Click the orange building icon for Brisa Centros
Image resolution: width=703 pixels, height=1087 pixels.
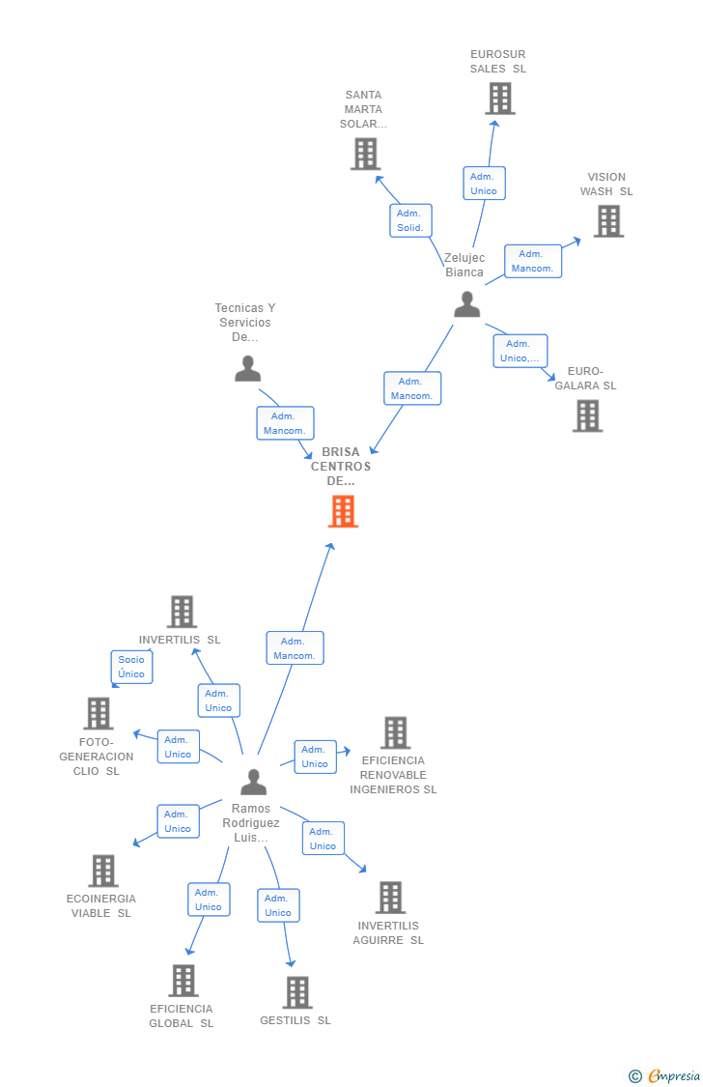point(343,511)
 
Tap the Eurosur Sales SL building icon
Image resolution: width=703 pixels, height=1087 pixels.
point(499,99)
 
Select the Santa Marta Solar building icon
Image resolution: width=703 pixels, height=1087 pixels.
point(365,154)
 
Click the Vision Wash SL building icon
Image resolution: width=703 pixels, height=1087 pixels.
point(607,221)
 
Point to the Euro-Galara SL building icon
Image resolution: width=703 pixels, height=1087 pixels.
point(587,415)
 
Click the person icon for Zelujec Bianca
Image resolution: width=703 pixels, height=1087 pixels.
point(466,304)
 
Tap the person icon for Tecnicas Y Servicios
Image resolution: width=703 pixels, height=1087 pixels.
point(248,368)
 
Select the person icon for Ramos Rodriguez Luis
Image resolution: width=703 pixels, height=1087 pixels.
point(253,781)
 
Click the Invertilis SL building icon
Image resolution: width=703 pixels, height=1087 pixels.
point(182,612)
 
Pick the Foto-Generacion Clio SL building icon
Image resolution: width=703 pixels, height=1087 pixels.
point(98,713)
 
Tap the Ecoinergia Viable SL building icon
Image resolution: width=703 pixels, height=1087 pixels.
point(102,871)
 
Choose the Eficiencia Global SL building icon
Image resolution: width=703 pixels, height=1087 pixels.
point(183,980)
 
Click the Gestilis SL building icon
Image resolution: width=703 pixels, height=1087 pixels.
point(297,992)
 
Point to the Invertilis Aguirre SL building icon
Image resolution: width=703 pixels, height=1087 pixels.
point(390,898)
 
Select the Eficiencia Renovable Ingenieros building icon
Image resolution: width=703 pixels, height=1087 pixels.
point(395,732)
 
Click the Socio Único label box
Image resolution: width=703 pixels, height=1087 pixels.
point(131,667)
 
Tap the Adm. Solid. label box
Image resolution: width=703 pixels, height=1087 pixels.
point(410,220)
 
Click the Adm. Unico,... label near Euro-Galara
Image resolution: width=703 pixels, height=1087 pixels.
point(520,351)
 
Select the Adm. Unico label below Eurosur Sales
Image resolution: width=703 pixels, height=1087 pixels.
point(484,184)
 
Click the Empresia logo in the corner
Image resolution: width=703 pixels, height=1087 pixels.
point(665,1075)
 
